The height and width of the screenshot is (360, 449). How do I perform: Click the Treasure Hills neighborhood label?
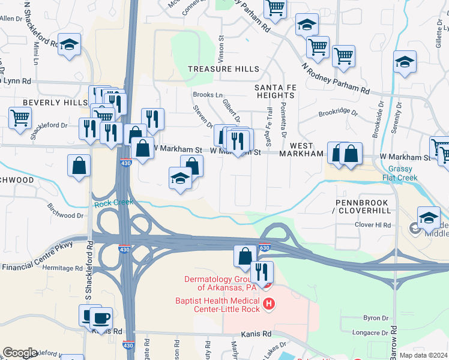[x=223, y=69]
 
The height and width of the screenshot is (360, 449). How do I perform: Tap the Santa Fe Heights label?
[x=274, y=91]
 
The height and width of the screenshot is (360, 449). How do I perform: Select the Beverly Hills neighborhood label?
[x=55, y=103]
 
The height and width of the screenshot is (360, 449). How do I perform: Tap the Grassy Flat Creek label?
[x=403, y=173]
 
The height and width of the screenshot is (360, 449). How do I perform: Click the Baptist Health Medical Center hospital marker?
[x=269, y=305]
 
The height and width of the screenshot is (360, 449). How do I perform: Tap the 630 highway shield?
[x=264, y=247]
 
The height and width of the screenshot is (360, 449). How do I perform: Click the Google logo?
[x=20, y=353]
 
